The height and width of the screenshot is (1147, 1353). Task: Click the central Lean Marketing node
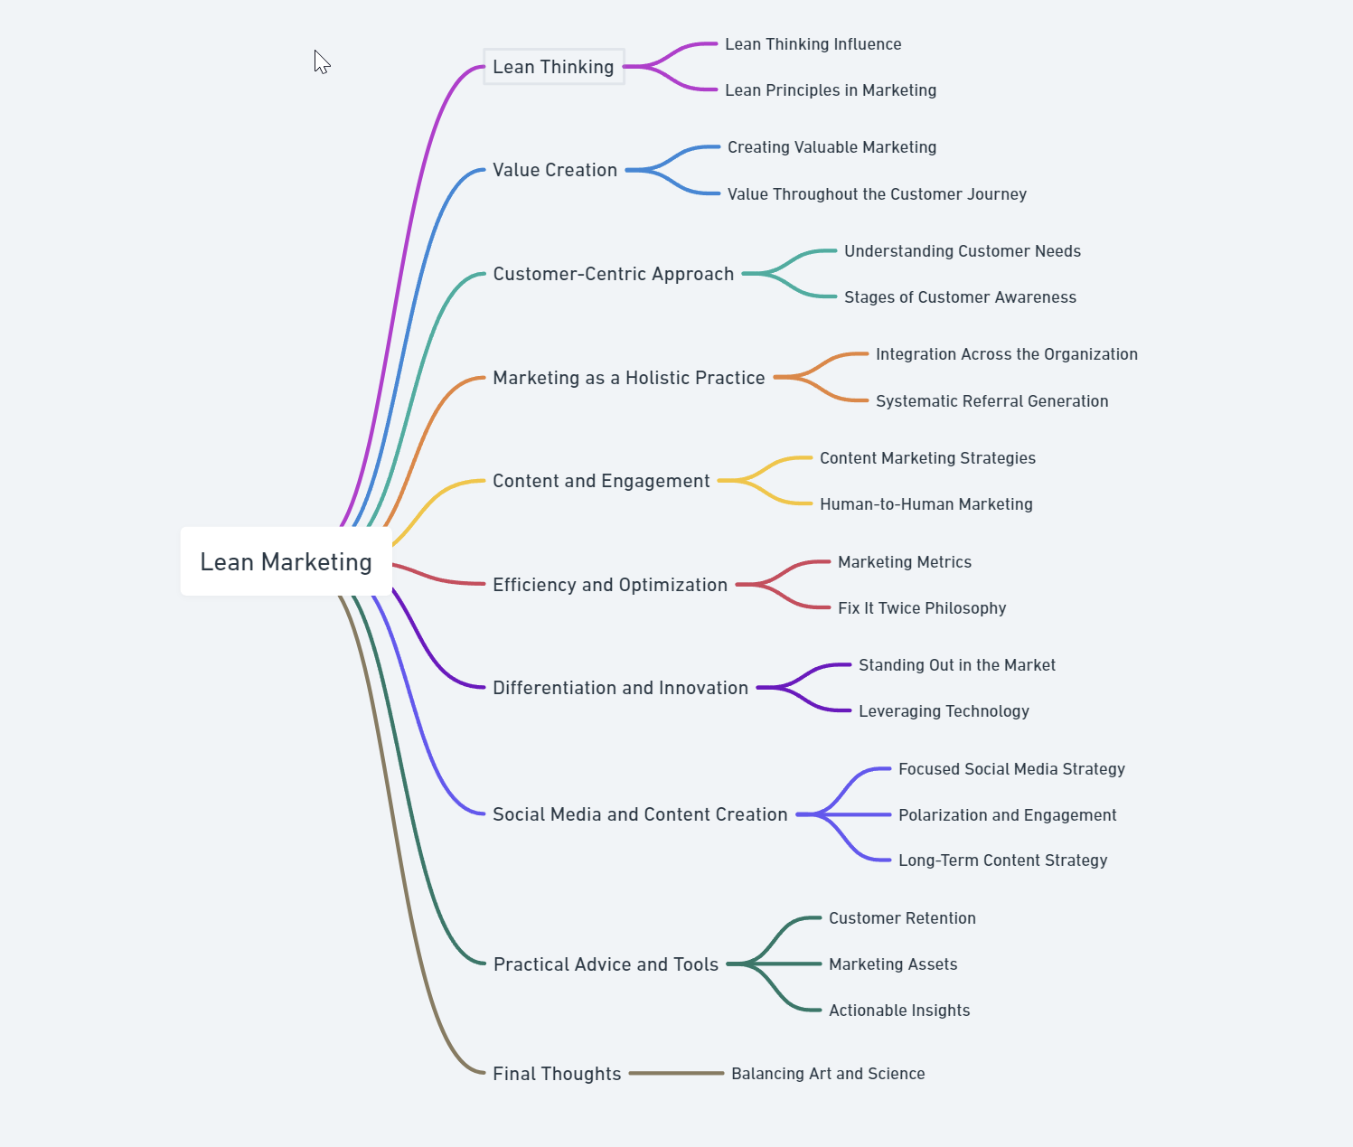tap(286, 561)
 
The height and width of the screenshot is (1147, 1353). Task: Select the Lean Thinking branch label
tap(553, 67)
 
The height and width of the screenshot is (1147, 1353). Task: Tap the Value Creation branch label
tap(554, 170)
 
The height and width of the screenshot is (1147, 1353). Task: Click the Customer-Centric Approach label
tap(613, 274)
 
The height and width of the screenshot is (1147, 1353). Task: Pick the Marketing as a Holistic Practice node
tap(628, 378)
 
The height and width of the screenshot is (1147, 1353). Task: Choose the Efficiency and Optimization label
tap(609, 585)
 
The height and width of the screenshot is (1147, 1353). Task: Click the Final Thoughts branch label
tap(557, 1074)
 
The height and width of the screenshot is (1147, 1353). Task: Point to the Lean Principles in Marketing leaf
tap(830, 90)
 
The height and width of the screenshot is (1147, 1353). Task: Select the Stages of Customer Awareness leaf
tap(960, 297)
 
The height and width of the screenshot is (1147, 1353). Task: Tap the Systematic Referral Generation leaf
tap(991, 401)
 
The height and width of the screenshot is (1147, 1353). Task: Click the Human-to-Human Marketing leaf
tap(925, 504)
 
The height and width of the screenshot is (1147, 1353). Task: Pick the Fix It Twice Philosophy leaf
tap(921, 608)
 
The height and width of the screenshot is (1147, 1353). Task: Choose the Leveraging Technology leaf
tap(944, 711)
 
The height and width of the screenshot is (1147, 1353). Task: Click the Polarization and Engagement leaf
tap(1007, 815)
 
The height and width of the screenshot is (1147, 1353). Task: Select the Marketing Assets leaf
tap(892, 964)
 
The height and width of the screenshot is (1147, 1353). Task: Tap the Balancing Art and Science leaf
tap(827, 1074)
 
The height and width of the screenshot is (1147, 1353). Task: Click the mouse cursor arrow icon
tap(322, 61)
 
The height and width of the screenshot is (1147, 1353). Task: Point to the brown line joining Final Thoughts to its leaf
tap(676, 1073)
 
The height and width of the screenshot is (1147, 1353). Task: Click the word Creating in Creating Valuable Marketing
tap(757, 147)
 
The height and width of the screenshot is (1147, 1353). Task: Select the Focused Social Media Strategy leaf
tap(1010, 769)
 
